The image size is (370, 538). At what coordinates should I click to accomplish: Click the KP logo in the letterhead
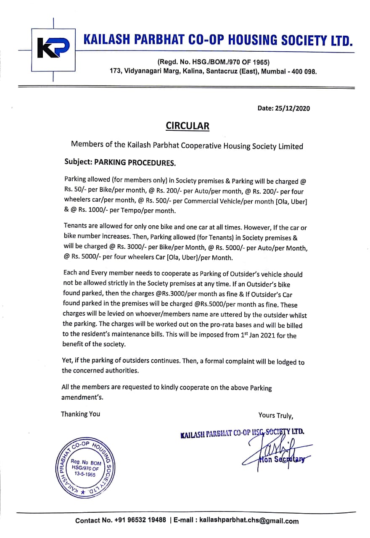tap(53, 49)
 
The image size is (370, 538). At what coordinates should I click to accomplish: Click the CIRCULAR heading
tap(187, 126)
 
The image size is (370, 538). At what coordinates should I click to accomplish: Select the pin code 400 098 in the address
tap(301, 71)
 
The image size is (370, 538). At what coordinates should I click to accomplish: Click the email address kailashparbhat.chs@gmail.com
tap(249, 521)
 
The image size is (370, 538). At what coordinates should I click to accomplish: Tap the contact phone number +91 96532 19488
tap(140, 521)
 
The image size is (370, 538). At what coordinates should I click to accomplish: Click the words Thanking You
tap(81, 414)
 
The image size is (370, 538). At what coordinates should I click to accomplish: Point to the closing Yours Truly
tap(276, 415)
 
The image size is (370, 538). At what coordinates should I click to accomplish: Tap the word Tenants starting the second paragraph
tap(75, 226)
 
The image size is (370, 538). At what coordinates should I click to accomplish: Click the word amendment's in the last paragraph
tap(82, 397)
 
